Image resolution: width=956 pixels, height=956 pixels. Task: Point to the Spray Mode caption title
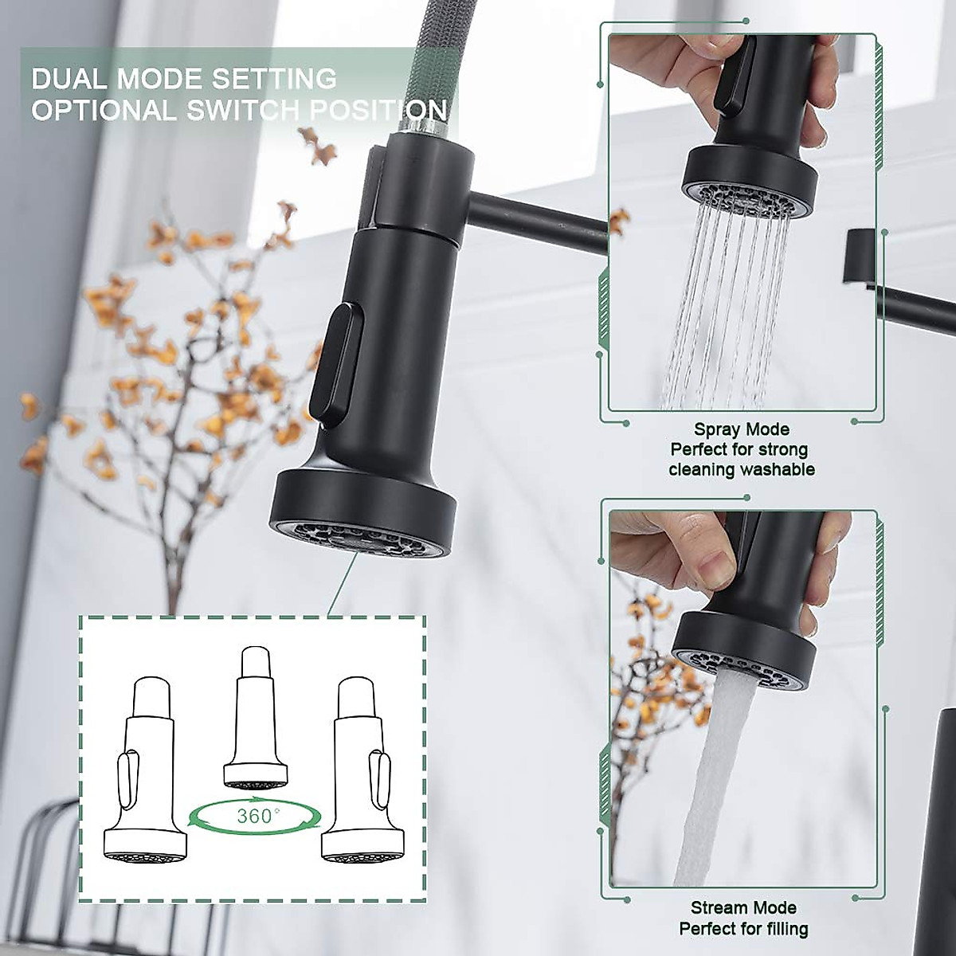click(741, 430)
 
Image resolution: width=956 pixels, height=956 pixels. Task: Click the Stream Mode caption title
click(742, 907)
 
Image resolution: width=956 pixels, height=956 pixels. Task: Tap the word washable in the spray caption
click(777, 469)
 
